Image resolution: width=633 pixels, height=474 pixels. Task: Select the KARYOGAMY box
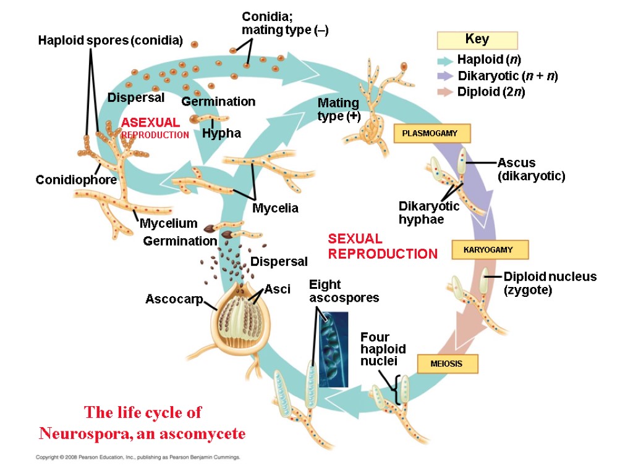coord(491,250)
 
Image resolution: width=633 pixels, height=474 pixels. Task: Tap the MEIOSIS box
coord(448,364)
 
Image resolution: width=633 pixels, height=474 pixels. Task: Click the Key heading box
coord(477,40)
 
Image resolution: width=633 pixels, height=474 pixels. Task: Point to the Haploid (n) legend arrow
coord(445,60)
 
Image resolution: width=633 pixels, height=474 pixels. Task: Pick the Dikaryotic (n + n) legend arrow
coord(445,77)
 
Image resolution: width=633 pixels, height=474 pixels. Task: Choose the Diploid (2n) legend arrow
coord(445,93)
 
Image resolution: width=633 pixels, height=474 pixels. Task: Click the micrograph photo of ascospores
coord(333,349)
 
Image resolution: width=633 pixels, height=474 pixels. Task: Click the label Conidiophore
coord(76,180)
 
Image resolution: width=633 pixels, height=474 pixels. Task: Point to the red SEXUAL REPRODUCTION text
coord(382,246)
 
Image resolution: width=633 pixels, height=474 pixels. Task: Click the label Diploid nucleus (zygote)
coord(550,283)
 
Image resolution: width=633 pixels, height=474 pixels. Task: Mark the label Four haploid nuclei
coord(375,349)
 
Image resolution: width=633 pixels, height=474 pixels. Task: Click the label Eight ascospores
coord(343,291)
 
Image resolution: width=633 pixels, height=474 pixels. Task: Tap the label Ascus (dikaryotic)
coord(531,169)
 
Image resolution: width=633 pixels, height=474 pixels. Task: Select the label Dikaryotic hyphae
coord(428,212)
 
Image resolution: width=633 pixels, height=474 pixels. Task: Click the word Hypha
coord(221,133)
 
